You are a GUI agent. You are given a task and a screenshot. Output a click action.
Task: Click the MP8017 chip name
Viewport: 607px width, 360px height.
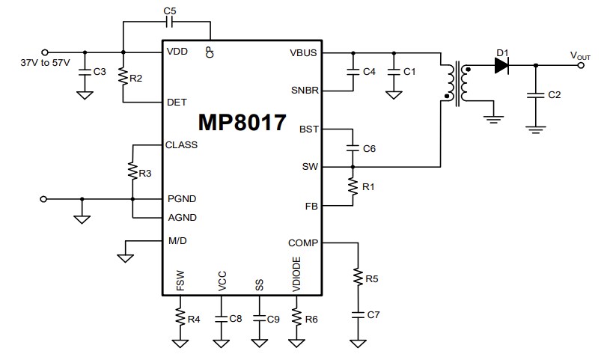[x=242, y=123]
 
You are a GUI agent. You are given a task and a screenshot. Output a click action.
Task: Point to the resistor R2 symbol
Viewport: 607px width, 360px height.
[x=123, y=78]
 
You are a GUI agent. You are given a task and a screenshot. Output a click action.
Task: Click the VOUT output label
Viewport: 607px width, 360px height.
[x=580, y=55]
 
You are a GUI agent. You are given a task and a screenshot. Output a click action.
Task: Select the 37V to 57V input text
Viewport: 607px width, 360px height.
[x=45, y=62]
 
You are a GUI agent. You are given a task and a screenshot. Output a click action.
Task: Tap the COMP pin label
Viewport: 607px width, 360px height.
[x=303, y=242]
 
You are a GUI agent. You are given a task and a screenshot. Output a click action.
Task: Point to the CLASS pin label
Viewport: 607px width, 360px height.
[x=182, y=144]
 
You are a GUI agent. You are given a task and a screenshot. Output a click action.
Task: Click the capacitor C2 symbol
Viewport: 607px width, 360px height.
[x=535, y=95]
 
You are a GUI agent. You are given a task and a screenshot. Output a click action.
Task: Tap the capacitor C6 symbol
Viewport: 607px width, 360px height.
[x=351, y=148]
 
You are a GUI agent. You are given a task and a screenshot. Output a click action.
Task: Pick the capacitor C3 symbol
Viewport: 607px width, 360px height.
[x=85, y=72]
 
